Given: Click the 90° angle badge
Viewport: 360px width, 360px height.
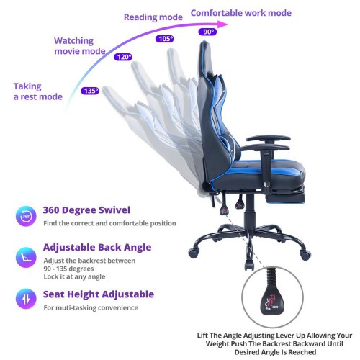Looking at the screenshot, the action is [207, 32].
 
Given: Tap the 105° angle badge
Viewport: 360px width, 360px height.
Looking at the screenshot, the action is [165, 39].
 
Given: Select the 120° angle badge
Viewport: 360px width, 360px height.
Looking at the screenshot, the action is [123, 57].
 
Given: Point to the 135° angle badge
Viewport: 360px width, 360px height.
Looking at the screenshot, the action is [90, 91].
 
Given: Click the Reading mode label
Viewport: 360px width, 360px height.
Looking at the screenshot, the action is [153, 17].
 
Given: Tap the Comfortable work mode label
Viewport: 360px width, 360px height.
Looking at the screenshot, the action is [241, 13].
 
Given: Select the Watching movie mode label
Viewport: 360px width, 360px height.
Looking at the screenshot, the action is [80, 46].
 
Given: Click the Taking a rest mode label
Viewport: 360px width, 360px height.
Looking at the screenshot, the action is [38, 91].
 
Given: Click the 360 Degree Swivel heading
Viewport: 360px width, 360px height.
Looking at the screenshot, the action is [86, 210].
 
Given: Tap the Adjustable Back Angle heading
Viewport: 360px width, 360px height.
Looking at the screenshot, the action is [97, 247].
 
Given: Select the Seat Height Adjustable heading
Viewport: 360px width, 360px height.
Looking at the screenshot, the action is [99, 294].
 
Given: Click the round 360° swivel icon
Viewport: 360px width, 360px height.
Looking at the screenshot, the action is [26, 216].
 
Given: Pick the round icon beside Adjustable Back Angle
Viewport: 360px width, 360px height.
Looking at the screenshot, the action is [26, 258].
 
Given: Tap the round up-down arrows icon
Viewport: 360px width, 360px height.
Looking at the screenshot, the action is [26, 299].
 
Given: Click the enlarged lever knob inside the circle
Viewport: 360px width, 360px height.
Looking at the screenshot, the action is [272, 300].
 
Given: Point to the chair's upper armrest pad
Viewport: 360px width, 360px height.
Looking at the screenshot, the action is [269, 138].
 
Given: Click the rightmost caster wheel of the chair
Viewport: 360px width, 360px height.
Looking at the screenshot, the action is [305, 255].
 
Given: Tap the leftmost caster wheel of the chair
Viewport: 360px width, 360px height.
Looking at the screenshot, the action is [194, 253].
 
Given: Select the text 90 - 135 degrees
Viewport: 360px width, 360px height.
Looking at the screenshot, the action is [68, 269].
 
